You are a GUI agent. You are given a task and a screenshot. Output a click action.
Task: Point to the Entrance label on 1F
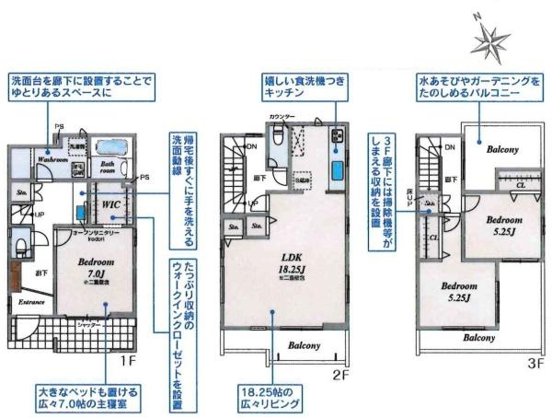[31, 300]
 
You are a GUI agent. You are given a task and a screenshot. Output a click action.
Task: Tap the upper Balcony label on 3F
[502, 149]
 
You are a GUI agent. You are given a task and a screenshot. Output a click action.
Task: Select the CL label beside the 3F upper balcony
[521, 184]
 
